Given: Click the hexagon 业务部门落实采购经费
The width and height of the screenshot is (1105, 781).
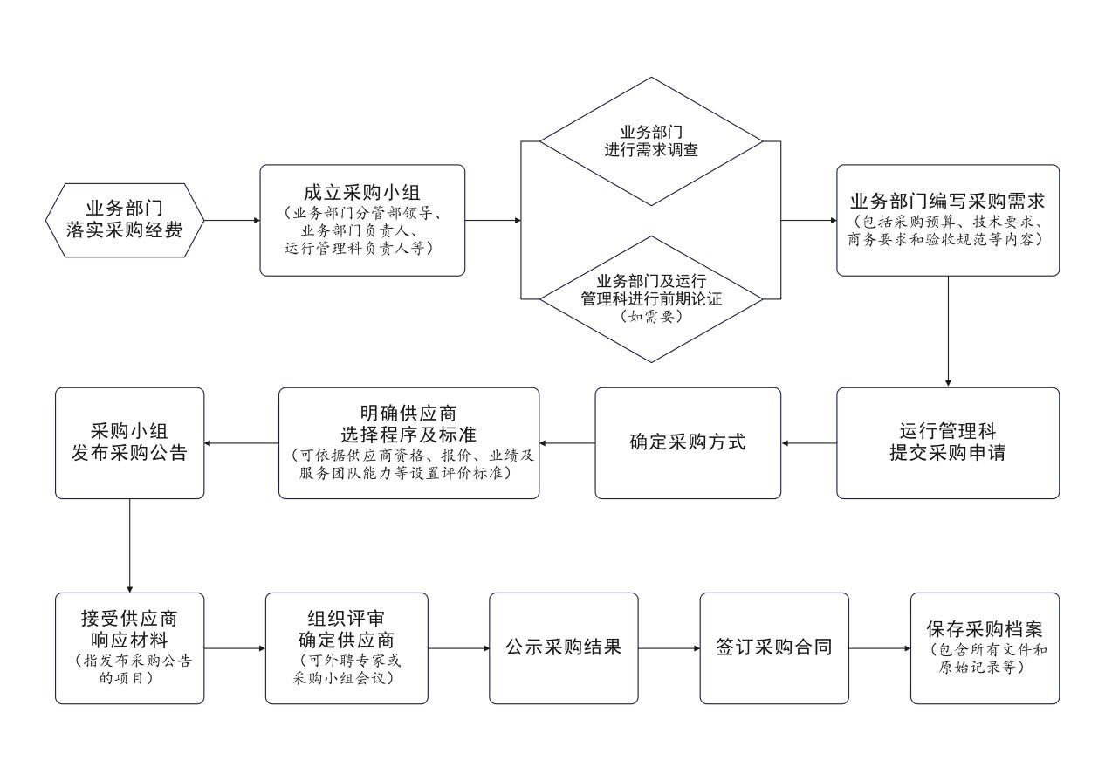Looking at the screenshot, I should [124, 220].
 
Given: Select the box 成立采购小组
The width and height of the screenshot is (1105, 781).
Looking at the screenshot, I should [362, 220].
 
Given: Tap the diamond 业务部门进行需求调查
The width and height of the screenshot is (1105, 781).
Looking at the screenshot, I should [651, 141].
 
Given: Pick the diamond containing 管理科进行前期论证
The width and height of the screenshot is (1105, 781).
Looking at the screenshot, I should [651, 298].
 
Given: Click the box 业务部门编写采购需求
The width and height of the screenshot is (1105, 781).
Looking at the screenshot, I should [948, 220].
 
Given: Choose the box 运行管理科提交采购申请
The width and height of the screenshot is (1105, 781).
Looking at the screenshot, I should [948, 443].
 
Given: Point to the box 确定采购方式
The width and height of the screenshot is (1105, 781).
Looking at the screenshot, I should [688, 443].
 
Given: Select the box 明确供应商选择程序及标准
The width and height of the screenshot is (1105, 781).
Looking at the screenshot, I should [408, 443].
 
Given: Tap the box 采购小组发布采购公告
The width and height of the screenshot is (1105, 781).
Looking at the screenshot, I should [129, 443].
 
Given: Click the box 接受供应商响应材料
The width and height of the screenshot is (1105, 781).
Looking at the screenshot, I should [129, 648].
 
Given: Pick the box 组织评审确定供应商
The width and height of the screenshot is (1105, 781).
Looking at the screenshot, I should [347, 648].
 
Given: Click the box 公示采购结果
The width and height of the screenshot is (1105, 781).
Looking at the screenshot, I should [563, 648].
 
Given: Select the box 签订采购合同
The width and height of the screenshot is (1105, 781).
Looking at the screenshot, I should [773, 648].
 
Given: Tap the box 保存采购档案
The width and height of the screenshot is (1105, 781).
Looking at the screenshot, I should [985, 648].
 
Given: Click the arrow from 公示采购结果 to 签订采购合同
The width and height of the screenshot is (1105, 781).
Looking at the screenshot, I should [669, 648].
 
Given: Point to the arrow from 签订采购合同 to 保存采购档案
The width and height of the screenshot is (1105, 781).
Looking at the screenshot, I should [879, 648].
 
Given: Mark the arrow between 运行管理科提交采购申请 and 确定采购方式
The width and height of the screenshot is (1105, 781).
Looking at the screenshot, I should [809, 443].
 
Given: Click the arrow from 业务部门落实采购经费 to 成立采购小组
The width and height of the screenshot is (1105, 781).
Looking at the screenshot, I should [232, 220].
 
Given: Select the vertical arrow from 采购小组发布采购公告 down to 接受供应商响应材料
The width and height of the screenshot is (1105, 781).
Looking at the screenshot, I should [129, 545].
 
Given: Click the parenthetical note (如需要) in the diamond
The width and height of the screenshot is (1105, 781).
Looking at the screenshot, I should [651, 317].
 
